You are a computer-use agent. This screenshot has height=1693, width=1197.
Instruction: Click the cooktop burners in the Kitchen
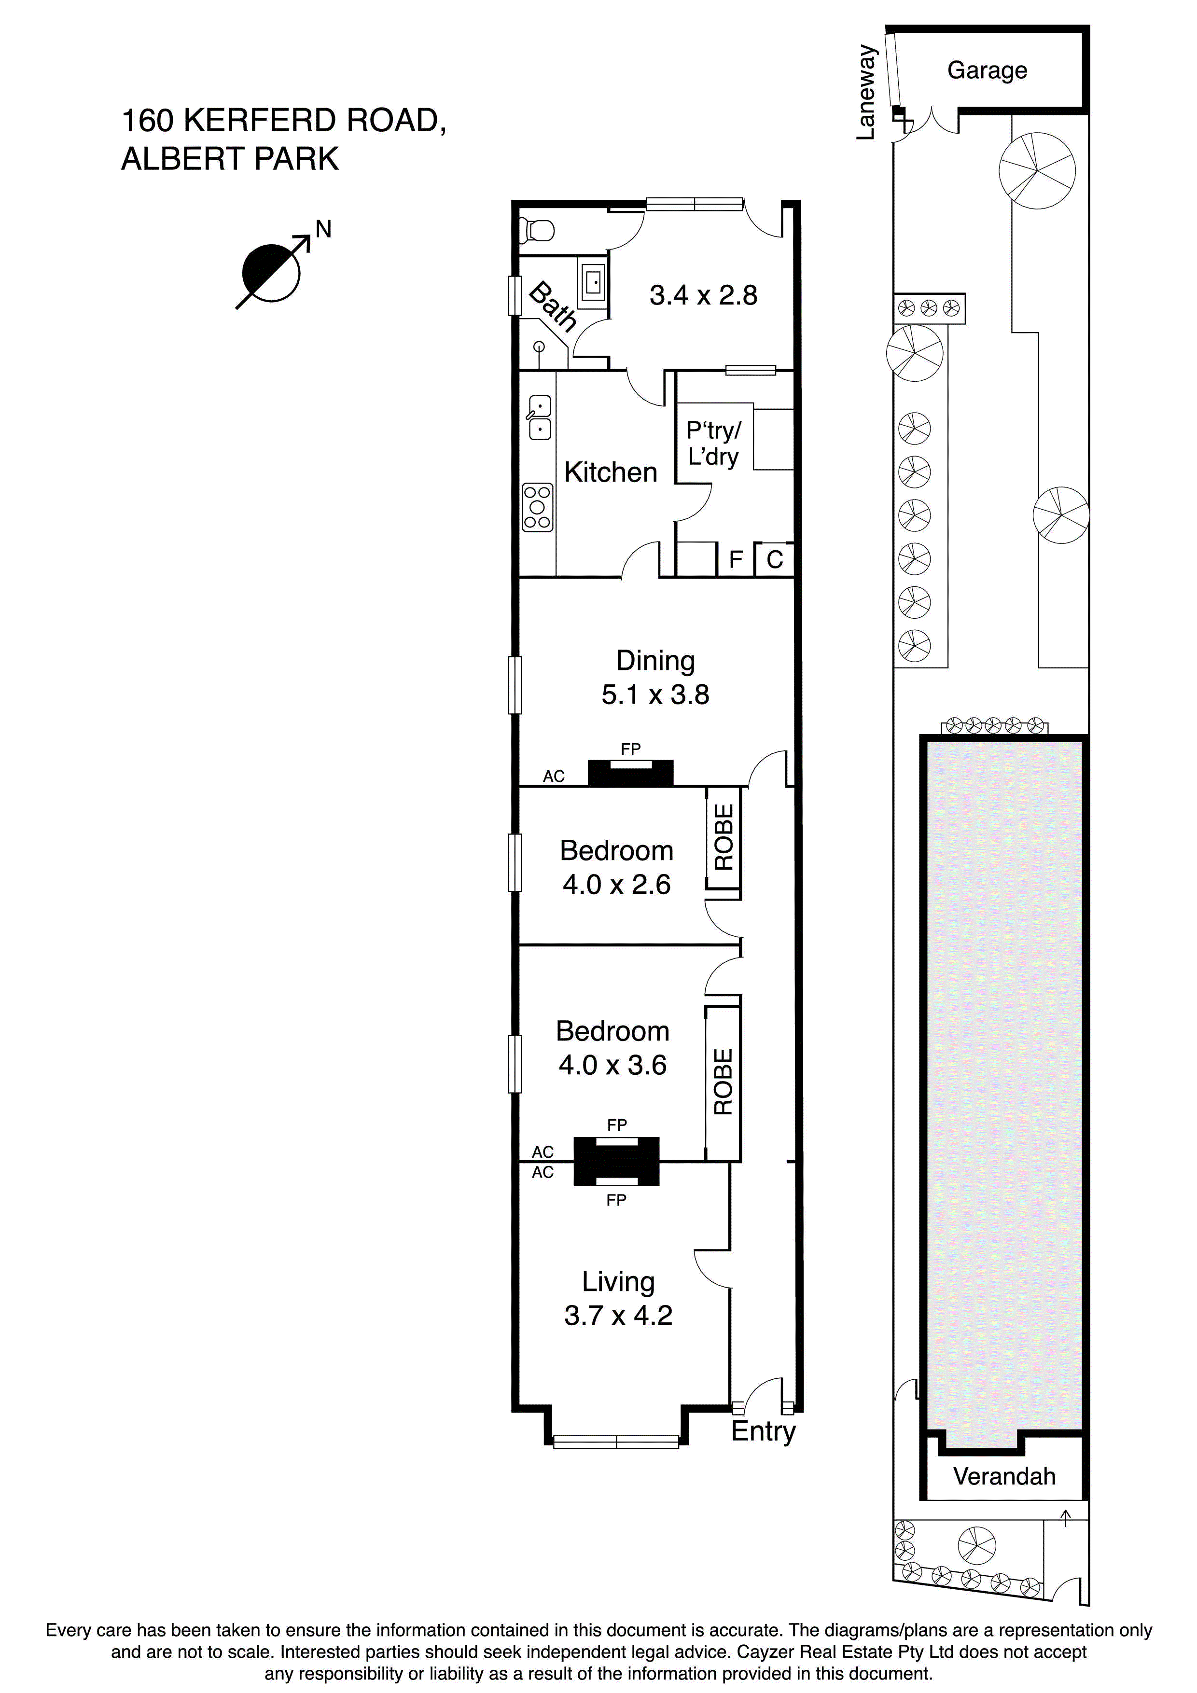pyautogui.click(x=537, y=507)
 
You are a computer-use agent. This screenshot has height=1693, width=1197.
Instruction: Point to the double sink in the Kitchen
pyautogui.click(x=540, y=417)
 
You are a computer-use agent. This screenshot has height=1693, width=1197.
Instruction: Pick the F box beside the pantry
pyautogui.click(x=735, y=560)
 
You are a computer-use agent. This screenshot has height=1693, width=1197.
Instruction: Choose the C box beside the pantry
pyautogui.click(x=774, y=560)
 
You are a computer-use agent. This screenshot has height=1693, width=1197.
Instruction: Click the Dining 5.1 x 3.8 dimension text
pyautogui.click(x=655, y=694)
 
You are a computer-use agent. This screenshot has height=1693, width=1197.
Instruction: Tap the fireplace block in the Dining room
pyautogui.click(x=630, y=772)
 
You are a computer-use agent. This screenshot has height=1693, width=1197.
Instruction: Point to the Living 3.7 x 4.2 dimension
pyautogui.click(x=618, y=1316)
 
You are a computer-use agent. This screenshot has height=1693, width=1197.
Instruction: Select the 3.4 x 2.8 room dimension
pyautogui.click(x=703, y=296)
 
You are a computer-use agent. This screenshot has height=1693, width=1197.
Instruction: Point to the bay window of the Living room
pyautogui.click(x=616, y=1440)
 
